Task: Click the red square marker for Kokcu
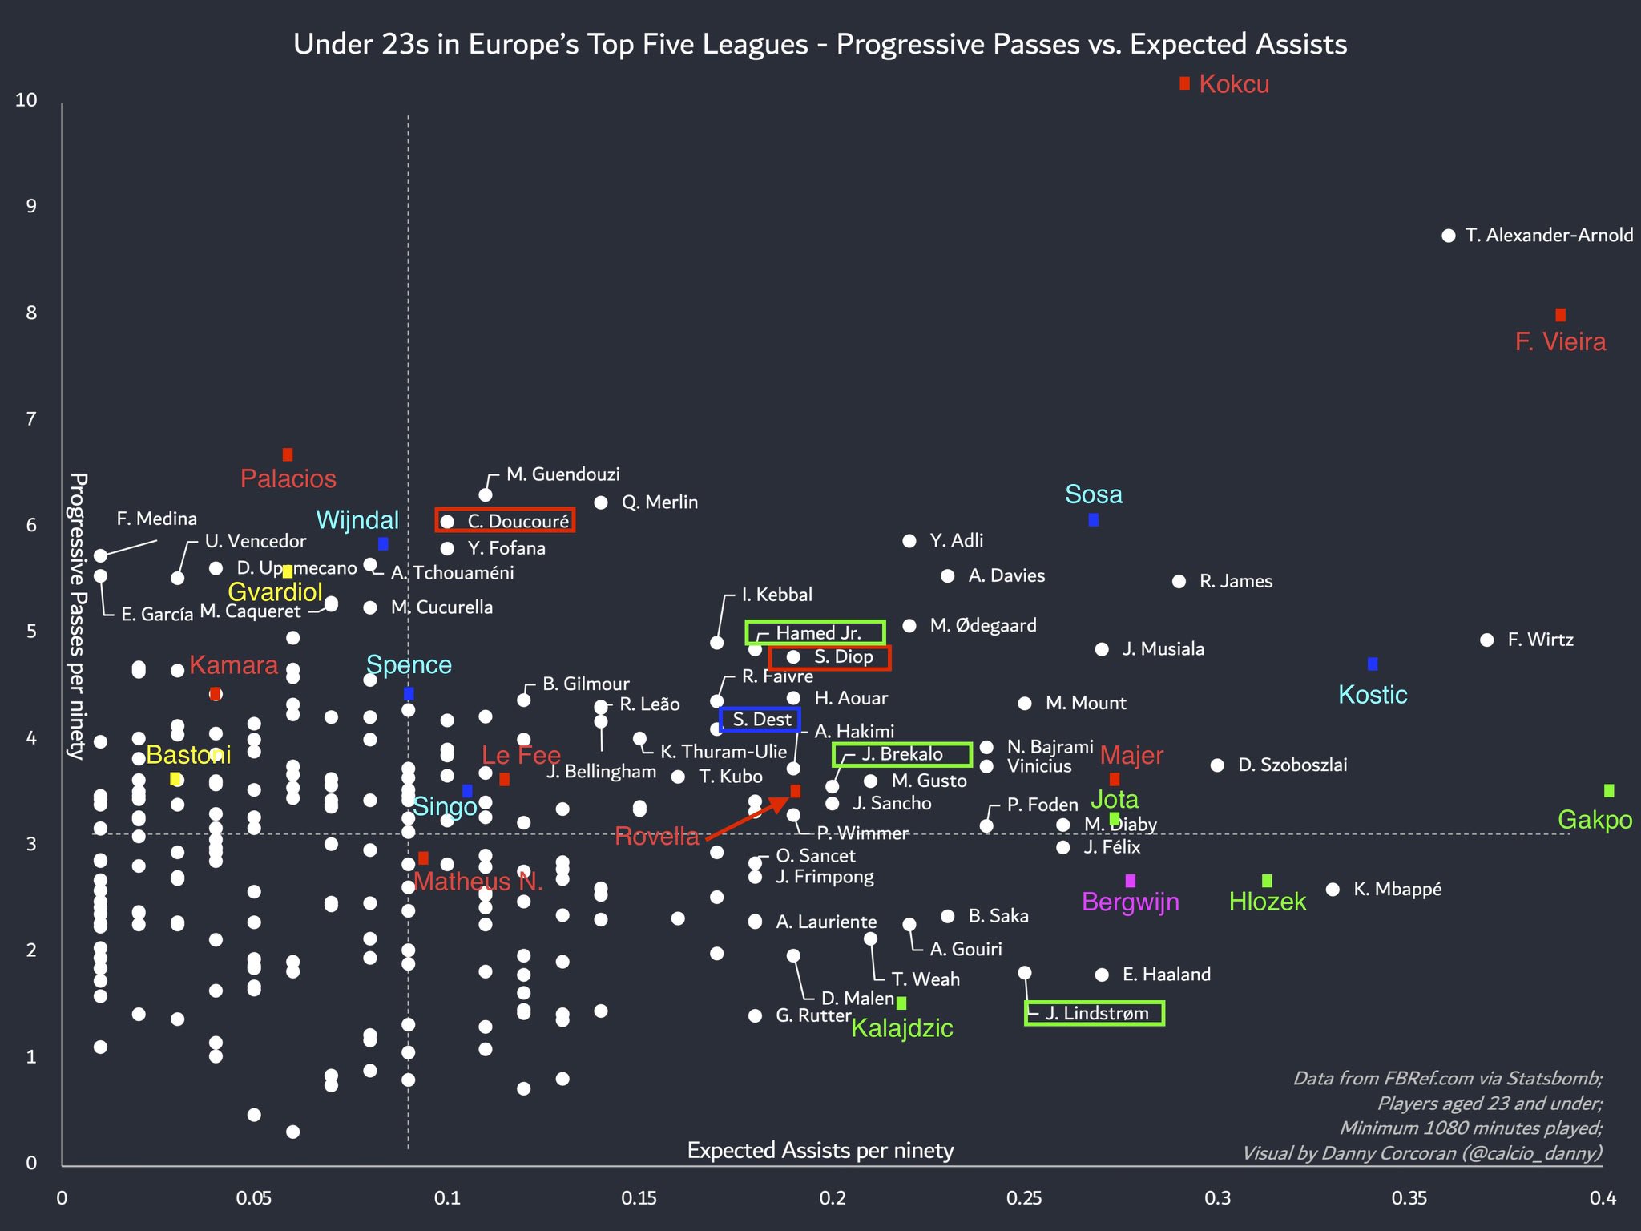click(x=1184, y=83)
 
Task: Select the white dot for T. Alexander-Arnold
click(x=1448, y=236)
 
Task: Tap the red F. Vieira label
click(x=1560, y=342)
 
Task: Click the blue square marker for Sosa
click(x=1093, y=520)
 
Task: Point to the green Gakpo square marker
click(x=1608, y=791)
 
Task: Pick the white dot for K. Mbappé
click(x=1333, y=890)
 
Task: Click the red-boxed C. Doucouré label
click(x=506, y=521)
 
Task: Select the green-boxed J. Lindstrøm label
click(x=1095, y=1014)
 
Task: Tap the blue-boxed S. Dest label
click(x=760, y=720)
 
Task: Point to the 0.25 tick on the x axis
click(x=1024, y=1198)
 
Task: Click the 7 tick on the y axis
click(x=31, y=418)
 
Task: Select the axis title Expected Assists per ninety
click(x=820, y=1151)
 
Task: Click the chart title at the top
click(x=820, y=44)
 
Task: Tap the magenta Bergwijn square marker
click(x=1130, y=881)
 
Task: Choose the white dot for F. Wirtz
click(x=1486, y=640)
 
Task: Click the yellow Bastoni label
click(x=188, y=755)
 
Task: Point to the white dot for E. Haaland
click(x=1102, y=975)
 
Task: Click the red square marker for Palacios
click(x=288, y=455)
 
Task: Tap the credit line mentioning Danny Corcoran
click(x=1421, y=1153)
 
